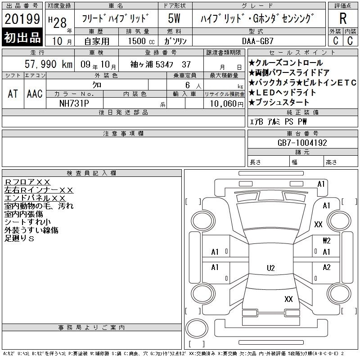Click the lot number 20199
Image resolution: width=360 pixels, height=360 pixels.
(x=22, y=19)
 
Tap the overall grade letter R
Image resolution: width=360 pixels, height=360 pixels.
(x=343, y=18)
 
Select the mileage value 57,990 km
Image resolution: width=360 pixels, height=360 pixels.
(x=49, y=64)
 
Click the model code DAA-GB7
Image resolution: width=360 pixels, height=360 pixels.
(x=258, y=41)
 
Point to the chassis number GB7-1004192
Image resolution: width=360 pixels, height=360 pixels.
(x=302, y=143)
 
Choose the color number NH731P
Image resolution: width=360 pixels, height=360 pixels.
(x=74, y=103)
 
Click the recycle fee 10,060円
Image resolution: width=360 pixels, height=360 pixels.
(x=227, y=104)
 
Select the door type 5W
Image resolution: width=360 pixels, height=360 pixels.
(x=174, y=18)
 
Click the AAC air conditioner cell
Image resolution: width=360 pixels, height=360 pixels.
(x=35, y=94)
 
